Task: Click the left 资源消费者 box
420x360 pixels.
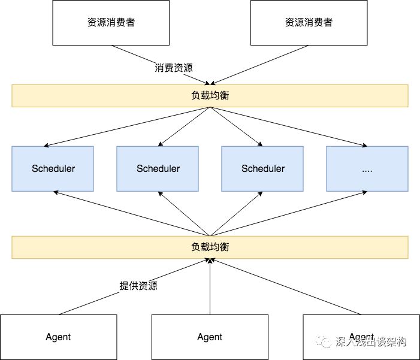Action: (111, 23)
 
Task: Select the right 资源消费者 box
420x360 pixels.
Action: (309, 23)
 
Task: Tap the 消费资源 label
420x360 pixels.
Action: (174, 68)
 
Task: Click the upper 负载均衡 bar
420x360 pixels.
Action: (210, 96)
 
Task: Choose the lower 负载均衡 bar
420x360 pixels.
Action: (210, 247)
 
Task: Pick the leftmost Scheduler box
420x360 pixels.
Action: (53, 168)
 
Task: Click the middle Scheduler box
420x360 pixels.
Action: (158, 168)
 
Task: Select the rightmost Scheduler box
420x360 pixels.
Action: (263, 168)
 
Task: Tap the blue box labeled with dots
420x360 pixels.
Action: (367, 168)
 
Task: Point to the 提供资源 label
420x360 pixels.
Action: (138, 286)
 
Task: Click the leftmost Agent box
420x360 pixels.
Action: (58, 337)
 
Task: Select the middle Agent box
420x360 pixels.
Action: (210, 337)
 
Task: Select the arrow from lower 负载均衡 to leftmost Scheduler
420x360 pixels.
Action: (132, 213)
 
